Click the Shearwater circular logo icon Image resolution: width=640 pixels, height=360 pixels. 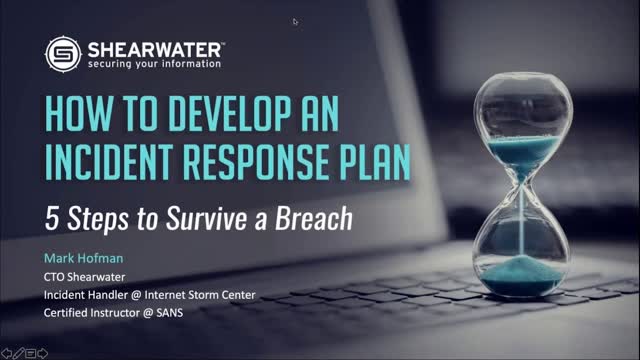click(x=62, y=53)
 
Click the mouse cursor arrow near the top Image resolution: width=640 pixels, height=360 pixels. click(x=295, y=21)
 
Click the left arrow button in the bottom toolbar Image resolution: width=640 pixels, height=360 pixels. click(x=5, y=353)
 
